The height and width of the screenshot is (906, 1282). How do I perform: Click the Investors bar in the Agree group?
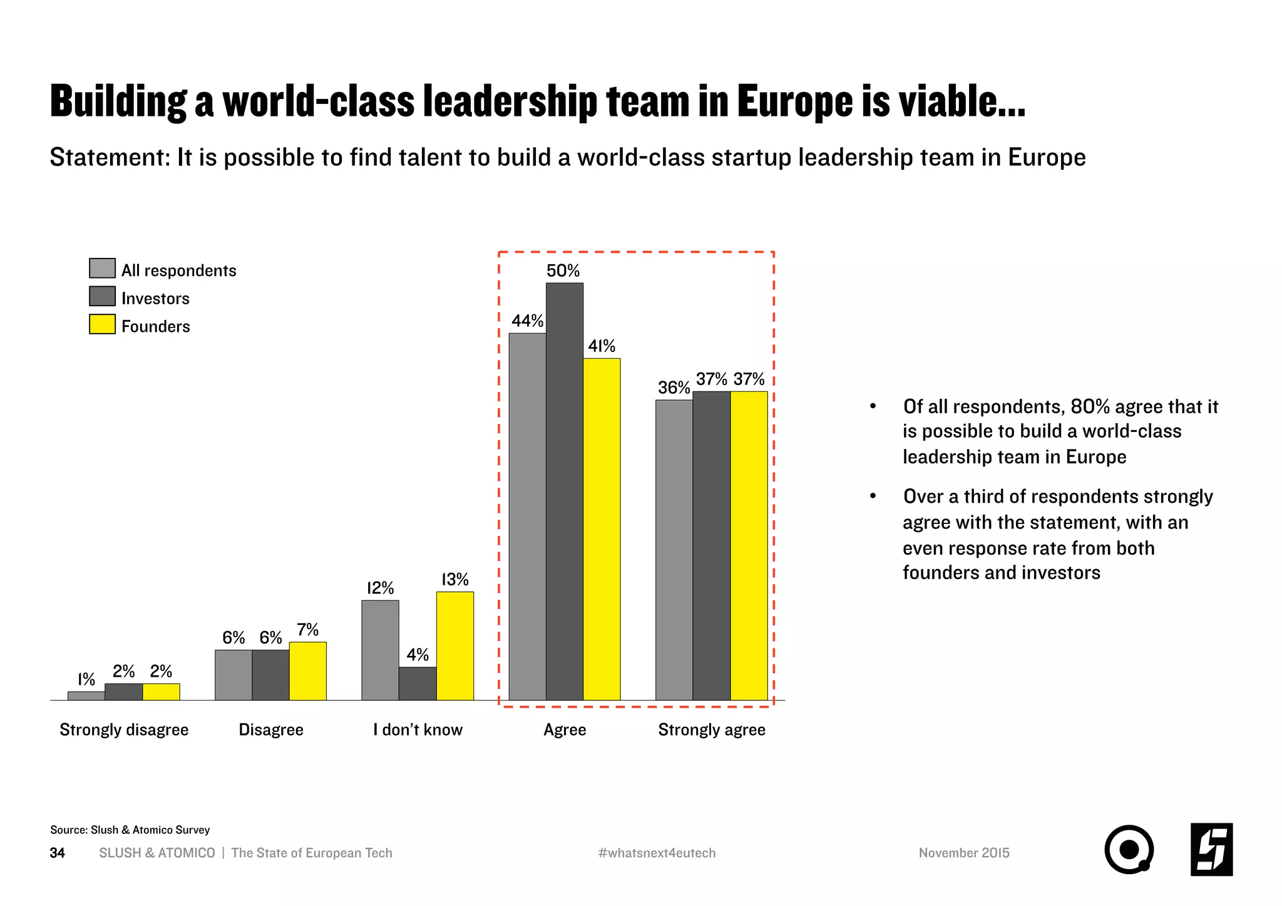565,492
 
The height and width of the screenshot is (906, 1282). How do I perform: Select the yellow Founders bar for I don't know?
455,646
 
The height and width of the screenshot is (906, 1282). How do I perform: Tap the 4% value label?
418,655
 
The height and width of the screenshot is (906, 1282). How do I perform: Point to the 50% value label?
563,270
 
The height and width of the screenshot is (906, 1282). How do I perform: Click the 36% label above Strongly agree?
674,388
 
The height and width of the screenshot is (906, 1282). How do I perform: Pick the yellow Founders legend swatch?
102,324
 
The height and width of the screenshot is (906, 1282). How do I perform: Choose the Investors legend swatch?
102,296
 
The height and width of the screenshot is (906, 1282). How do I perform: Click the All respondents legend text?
179,270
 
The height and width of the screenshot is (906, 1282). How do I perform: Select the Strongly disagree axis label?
124,729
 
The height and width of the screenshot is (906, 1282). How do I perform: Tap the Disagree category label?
271,729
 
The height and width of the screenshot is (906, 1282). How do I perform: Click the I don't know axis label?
418,729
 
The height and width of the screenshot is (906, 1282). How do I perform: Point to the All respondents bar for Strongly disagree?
86,696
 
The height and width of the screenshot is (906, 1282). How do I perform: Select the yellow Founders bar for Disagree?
308,671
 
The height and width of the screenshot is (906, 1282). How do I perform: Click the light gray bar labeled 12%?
380,650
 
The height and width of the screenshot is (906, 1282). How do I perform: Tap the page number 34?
57,853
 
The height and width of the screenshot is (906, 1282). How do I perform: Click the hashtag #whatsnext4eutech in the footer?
657,853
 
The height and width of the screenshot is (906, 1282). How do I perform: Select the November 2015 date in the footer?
964,853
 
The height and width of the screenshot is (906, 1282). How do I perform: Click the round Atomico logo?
1129,850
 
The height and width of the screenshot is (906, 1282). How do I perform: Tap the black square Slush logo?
1211,850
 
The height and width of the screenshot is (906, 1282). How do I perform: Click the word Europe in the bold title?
794,101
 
